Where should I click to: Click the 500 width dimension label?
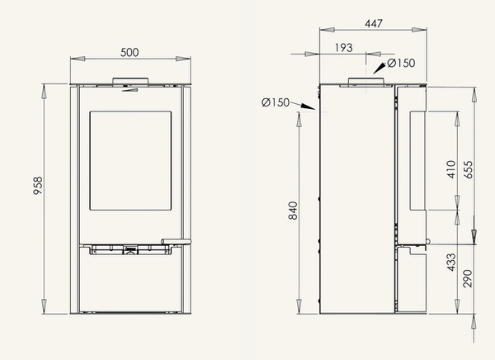tap(130, 52)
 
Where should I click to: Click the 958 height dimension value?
tap(38, 186)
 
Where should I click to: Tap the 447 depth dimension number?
tap(374, 23)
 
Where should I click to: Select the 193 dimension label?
tap(343, 47)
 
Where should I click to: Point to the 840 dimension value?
tap(293, 211)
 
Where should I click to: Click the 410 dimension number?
tap(452, 169)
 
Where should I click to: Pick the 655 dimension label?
tap(469, 170)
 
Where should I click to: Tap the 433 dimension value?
tap(451, 263)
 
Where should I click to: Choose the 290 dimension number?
tap(468, 278)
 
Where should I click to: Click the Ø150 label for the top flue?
tap(401, 63)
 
